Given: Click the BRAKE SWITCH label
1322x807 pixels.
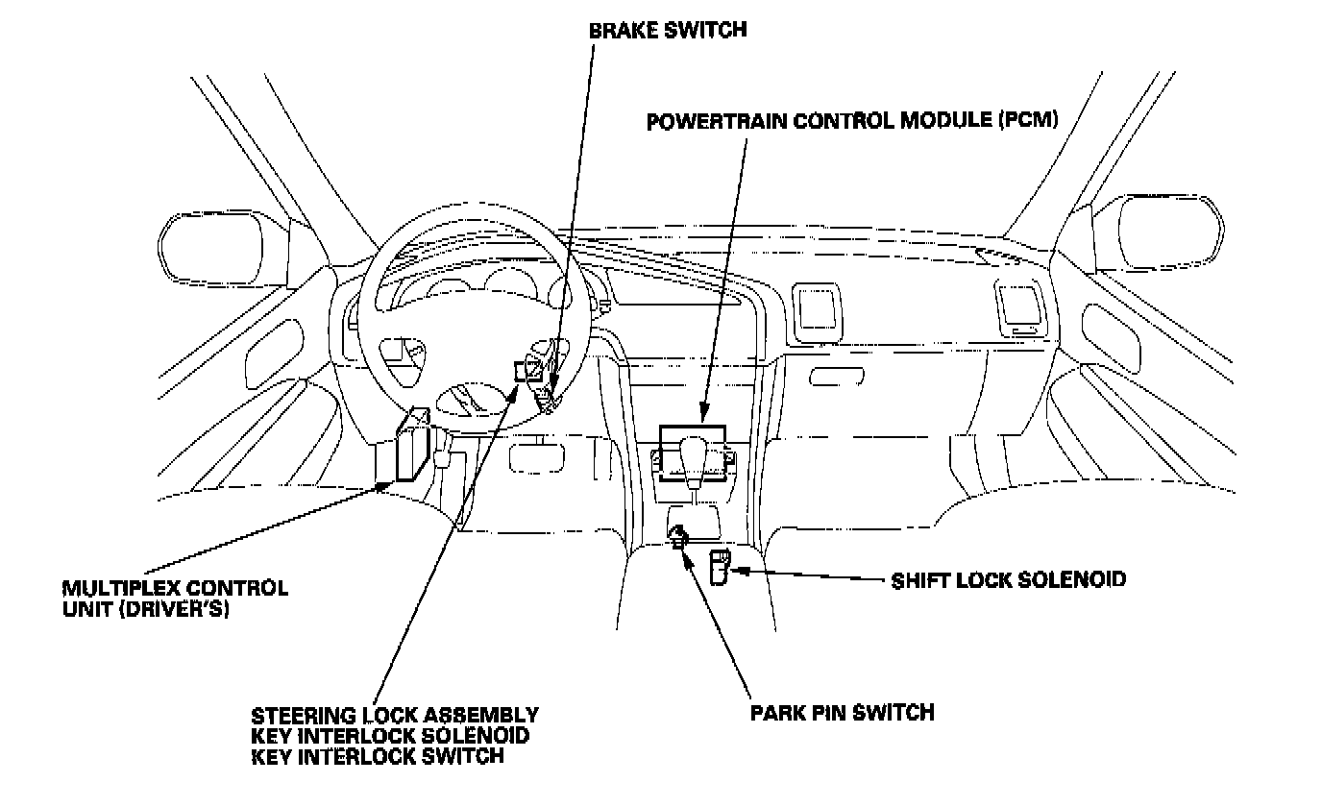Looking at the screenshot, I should (x=667, y=30).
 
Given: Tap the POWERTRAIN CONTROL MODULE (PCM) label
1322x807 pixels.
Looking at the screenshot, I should (x=852, y=122).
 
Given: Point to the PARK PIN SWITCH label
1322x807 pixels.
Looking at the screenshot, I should (x=843, y=713).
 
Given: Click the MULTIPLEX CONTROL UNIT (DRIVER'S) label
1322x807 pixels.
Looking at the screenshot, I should (x=174, y=598).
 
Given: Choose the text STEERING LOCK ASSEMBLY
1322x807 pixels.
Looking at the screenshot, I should (x=394, y=716).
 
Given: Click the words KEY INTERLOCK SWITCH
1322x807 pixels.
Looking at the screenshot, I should (x=377, y=756).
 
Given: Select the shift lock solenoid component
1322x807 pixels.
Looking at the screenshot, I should (x=719, y=568).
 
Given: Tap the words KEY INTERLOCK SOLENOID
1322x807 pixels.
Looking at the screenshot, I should (x=390, y=736).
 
